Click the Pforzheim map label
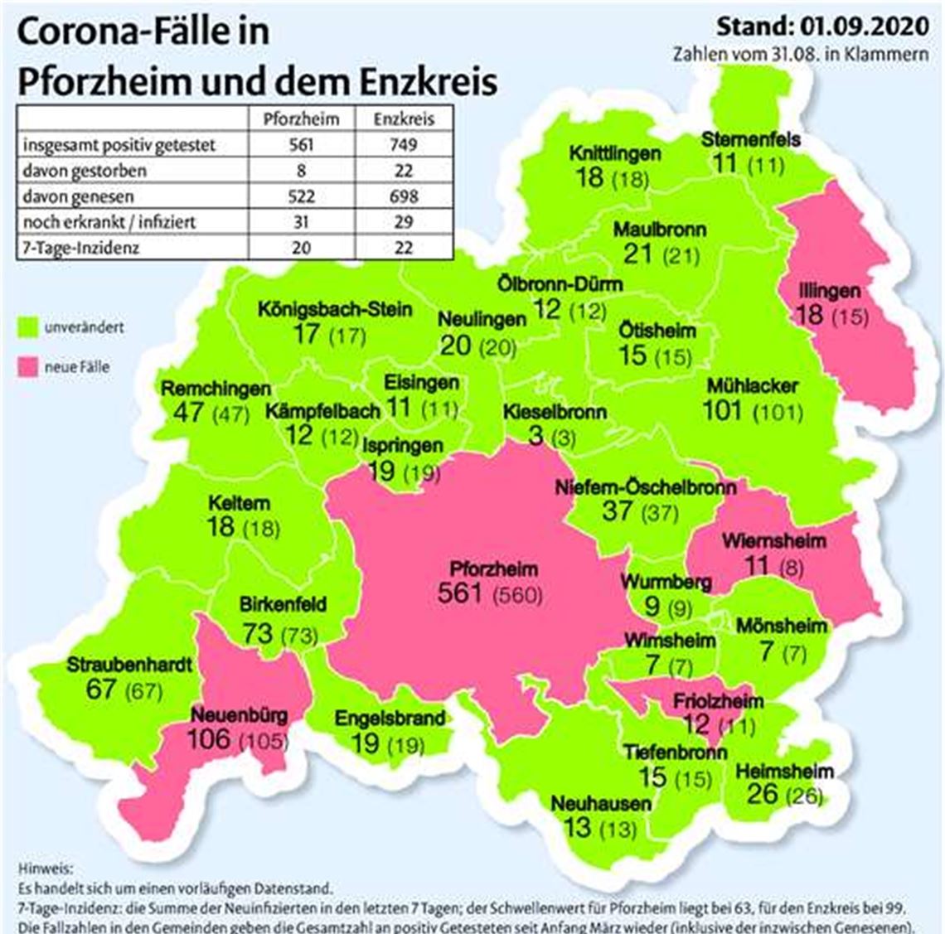tap(493, 569)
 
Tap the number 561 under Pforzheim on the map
tap(462, 593)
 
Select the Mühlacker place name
tap(752, 386)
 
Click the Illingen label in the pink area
tap(829, 291)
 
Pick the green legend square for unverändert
tap(29, 328)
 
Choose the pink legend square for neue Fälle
tap(29, 367)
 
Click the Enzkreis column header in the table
tap(404, 119)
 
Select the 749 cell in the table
tap(404, 144)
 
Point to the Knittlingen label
tap(614, 153)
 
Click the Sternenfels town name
tap(750, 138)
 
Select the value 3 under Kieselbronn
tap(536, 434)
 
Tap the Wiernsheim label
tap(773, 541)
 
